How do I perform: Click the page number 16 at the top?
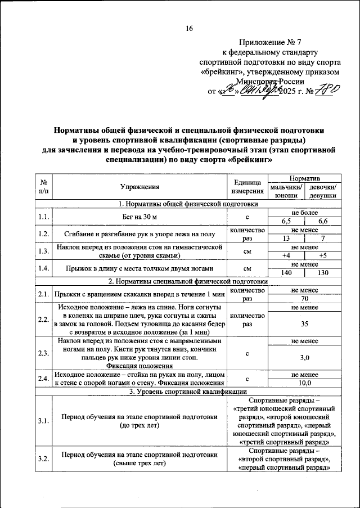tap(189, 29)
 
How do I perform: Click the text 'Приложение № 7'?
tap(269, 42)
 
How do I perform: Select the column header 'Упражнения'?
tap(139, 187)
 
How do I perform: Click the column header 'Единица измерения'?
tap(246, 187)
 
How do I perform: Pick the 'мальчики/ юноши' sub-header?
tap(286, 191)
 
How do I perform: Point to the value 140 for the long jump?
tap(286, 272)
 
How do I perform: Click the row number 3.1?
tap(43, 420)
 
